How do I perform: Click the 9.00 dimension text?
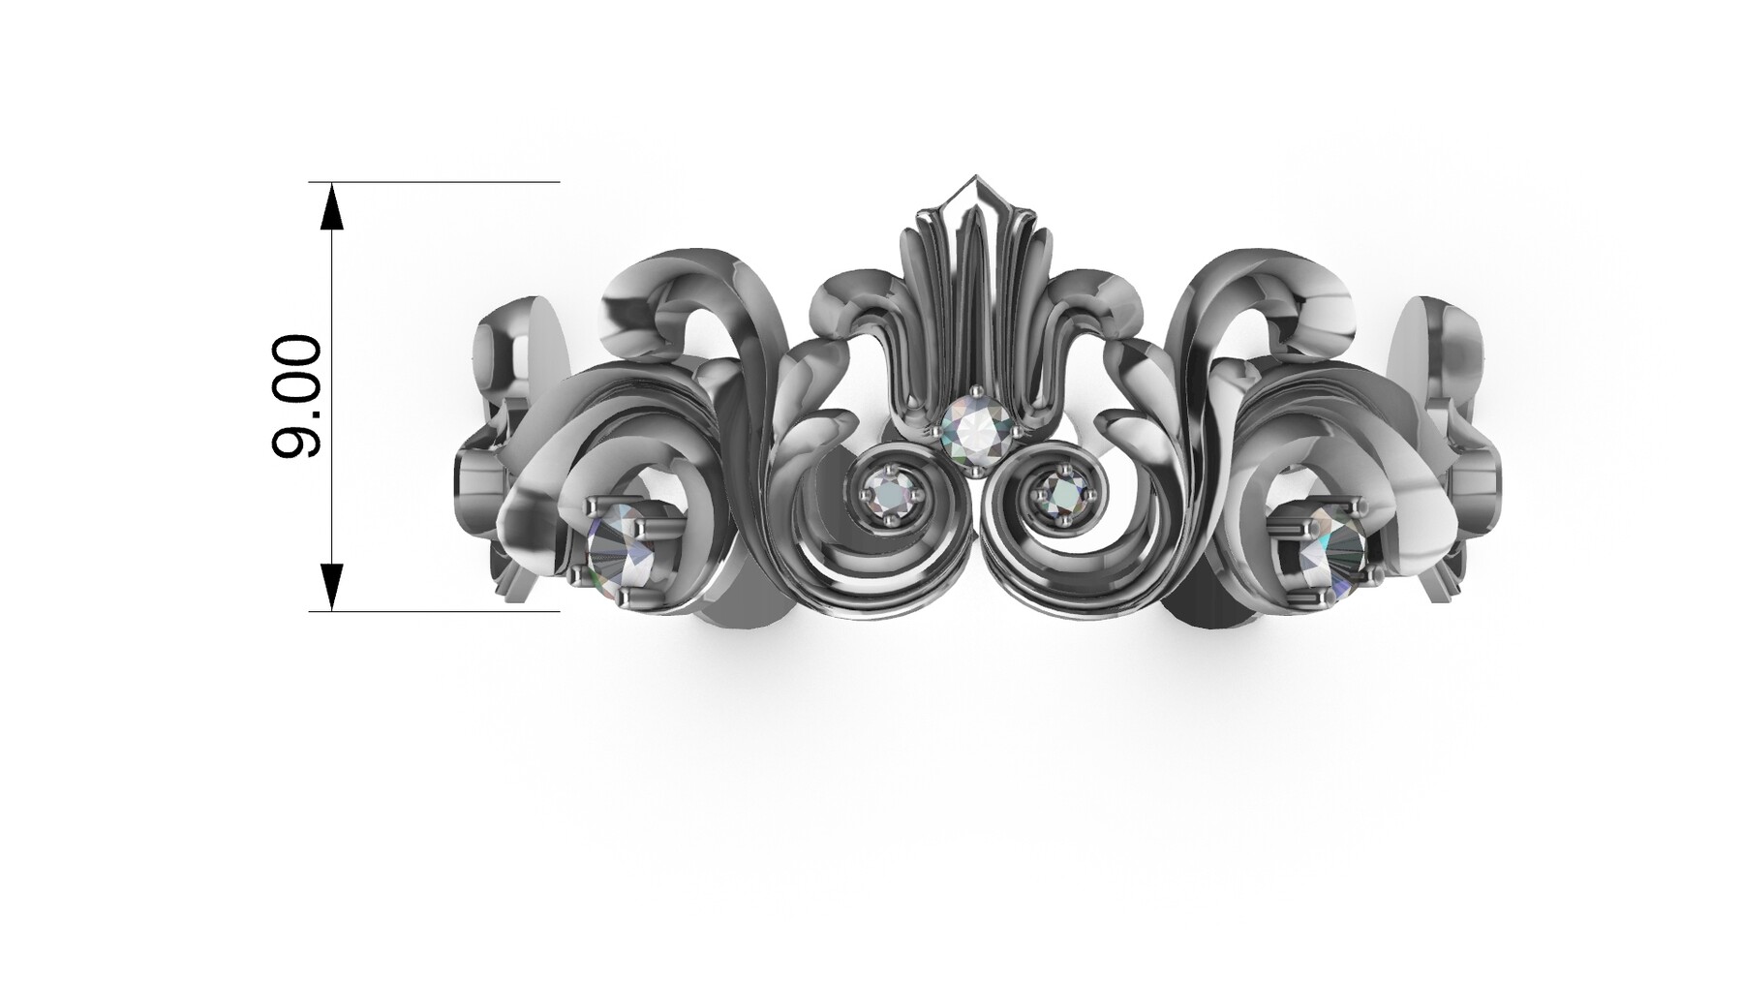(296, 396)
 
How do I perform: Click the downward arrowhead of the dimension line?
(332, 586)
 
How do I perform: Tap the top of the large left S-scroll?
(678, 266)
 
